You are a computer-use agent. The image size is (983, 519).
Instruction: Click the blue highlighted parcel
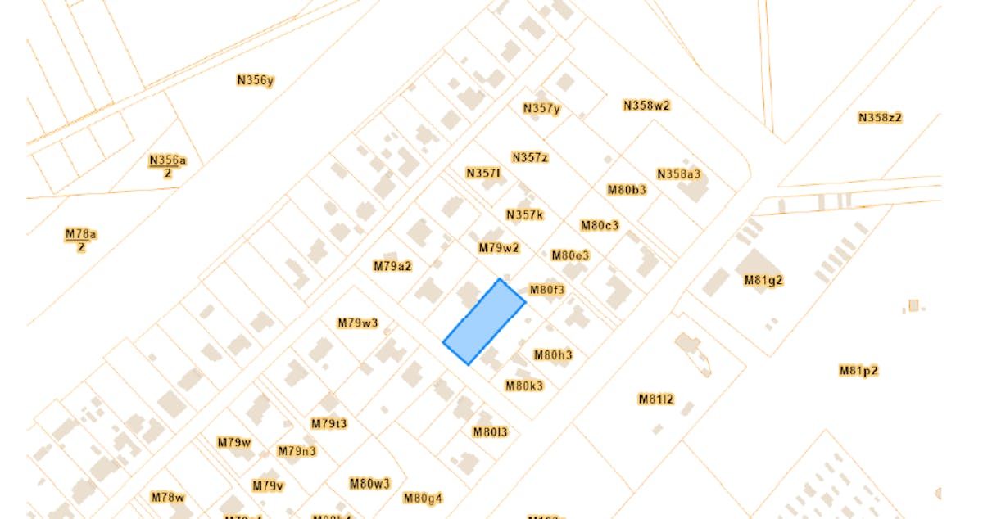click(x=484, y=322)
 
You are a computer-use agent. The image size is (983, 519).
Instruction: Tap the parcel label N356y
click(x=255, y=80)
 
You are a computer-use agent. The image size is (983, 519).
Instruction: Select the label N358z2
click(x=880, y=118)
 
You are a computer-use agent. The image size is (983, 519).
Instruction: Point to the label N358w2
click(x=646, y=106)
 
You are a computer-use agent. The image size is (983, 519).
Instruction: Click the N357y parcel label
click(x=541, y=109)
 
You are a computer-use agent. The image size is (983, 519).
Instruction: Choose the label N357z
click(x=529, y=157)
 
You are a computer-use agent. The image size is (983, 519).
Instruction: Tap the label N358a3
click(x=679, y=174)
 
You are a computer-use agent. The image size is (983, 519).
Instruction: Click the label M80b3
click(x=627, y=190)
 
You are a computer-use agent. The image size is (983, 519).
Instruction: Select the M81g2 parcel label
click(x=763, y=280)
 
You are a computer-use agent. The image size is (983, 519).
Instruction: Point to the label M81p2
click(x=858, y=371)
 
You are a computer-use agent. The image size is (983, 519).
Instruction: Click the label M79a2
click(x=392, y=266)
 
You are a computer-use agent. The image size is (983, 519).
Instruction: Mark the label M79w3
click(x=358, y=323)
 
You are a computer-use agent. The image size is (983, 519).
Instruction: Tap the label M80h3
click(x=553, y=355)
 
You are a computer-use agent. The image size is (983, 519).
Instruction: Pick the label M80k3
click(x=524, y=386)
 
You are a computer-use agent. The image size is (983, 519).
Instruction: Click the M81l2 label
click(x=656, y=399)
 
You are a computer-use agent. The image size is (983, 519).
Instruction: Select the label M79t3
click(x=329, y=424)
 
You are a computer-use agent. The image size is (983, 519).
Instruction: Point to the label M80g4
click(x=423, y=498)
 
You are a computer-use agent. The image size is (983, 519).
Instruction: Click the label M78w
click(x=168, y=497)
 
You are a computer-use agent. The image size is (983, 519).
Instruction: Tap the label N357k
click(x=524, y=215)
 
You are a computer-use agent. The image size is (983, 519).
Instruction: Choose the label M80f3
click(x=547, y=290)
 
